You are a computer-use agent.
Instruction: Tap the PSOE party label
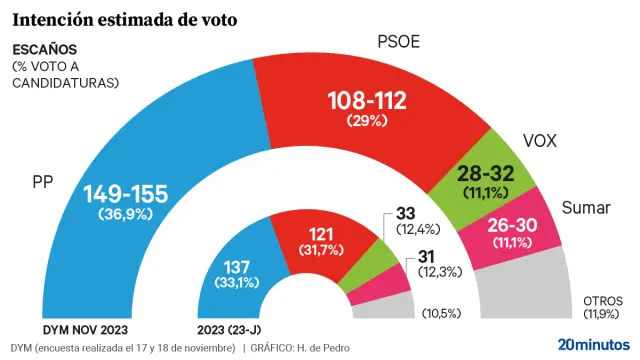coord(398,42)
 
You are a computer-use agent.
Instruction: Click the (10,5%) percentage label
coord(441,313)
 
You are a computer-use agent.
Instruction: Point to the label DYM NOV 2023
coord(85,329)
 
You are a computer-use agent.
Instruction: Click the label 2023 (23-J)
coord(235,329)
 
